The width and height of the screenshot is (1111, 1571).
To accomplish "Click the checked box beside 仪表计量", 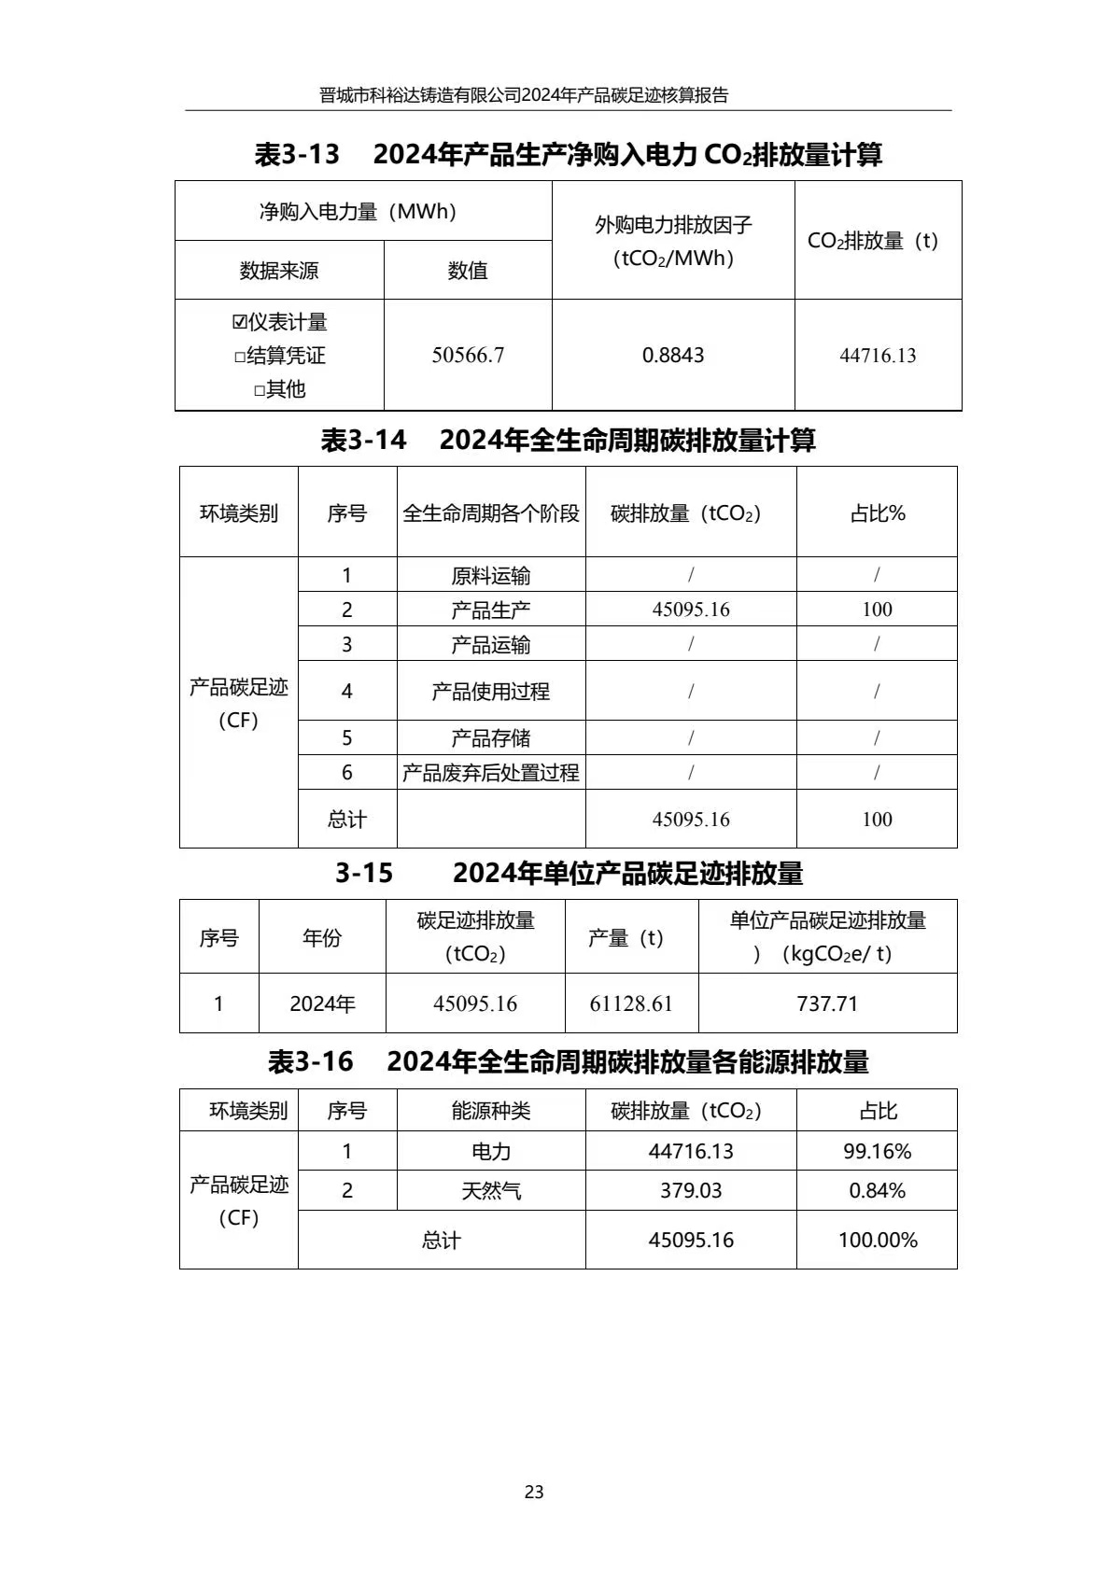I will click(240, 322).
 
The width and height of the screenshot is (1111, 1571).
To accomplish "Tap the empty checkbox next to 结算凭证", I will click(240, 357).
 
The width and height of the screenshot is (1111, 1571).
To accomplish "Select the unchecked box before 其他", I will click(260, 390).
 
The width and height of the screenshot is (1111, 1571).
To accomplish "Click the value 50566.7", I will click(468, 356).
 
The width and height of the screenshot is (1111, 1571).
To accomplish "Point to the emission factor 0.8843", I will click(673, 356).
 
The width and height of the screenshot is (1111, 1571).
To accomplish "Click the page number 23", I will click(534, 1492).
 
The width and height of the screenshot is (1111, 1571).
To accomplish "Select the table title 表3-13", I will click(297, 155).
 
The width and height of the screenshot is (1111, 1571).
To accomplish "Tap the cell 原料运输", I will click(491, 575).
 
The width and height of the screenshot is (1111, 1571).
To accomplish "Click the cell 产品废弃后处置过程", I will click(491, 773).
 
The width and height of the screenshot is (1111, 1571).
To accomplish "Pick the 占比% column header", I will click(878, 513).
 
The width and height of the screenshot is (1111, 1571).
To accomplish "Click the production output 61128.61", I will click(631, 1003).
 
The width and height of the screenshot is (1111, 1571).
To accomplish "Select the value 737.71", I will click(827, 1003).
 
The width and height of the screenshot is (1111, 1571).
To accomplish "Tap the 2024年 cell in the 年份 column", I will click(322, 1003).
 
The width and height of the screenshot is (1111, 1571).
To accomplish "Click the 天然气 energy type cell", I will click(491, 1191).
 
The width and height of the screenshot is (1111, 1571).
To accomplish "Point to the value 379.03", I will click(691, 1191).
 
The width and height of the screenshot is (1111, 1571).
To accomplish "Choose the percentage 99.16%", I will click(878, 1151).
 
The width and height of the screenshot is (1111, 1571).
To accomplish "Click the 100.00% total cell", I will click(878, 1240).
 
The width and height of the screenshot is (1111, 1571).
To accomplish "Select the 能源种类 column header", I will click(491, 1111).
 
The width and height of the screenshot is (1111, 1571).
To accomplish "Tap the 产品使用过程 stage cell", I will click(491, 692).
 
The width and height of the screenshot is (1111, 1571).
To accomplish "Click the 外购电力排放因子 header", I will click(673, 225).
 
